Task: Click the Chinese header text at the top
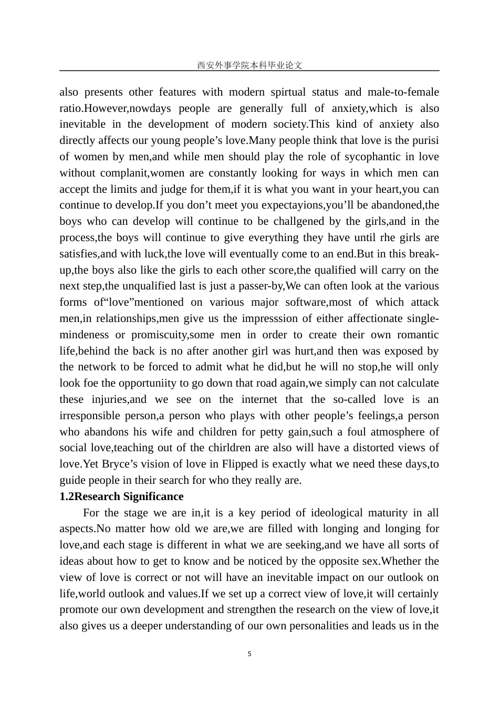click(250, 65)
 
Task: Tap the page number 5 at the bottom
click(250, 654)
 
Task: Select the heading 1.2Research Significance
click(121, 496)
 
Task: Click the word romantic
click(418, 335)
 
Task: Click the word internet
click(258, 399)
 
